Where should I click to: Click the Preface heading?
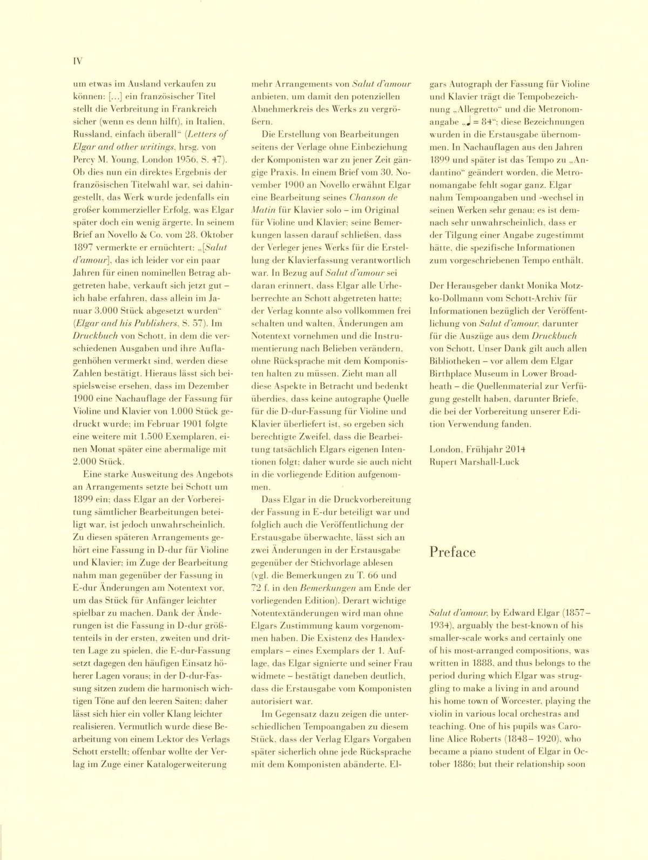453,552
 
